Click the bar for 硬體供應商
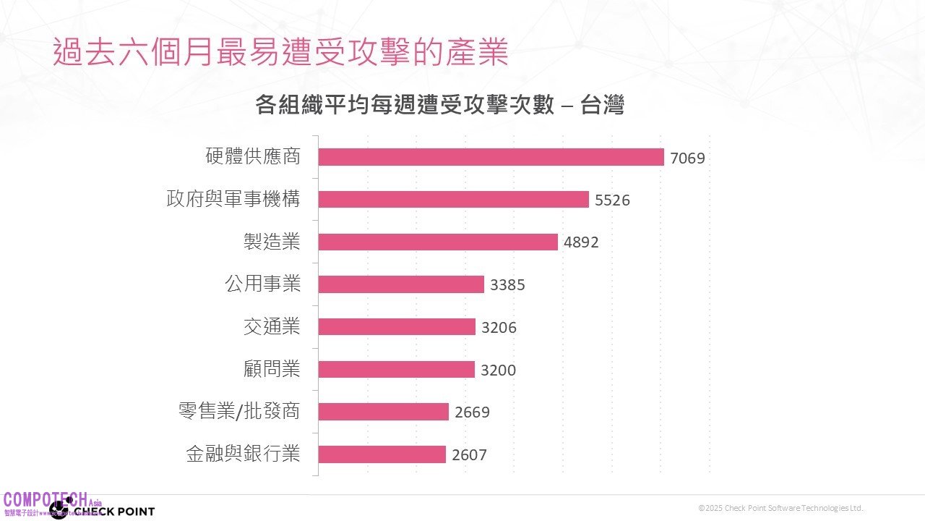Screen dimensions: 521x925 tap(491, 157)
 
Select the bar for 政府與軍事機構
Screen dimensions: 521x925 tap(453, 199)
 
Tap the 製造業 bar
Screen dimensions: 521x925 tap(438, 242)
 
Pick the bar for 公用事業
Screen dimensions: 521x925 tap(401, 284)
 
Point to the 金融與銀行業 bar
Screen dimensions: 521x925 tap(382, 454)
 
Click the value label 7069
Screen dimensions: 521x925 tap(687, 158)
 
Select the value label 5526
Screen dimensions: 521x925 tap(612, 200)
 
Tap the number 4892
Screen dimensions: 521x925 tap(581, 242)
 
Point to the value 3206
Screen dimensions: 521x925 tap(499, 327)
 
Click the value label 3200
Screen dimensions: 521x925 tap(499, 370)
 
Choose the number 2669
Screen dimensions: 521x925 tap(472, 412)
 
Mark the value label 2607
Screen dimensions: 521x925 tap(469, 455)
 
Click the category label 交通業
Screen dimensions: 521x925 tap(272, 326)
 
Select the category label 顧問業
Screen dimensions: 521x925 tap(272, 369)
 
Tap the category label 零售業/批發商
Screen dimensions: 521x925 tap(238, 412)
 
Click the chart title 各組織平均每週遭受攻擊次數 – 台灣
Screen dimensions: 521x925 tap(439, 106)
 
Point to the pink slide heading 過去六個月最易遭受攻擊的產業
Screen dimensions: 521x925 tap(280, 53)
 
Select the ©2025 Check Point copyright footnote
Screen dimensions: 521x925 tap(781, 508)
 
